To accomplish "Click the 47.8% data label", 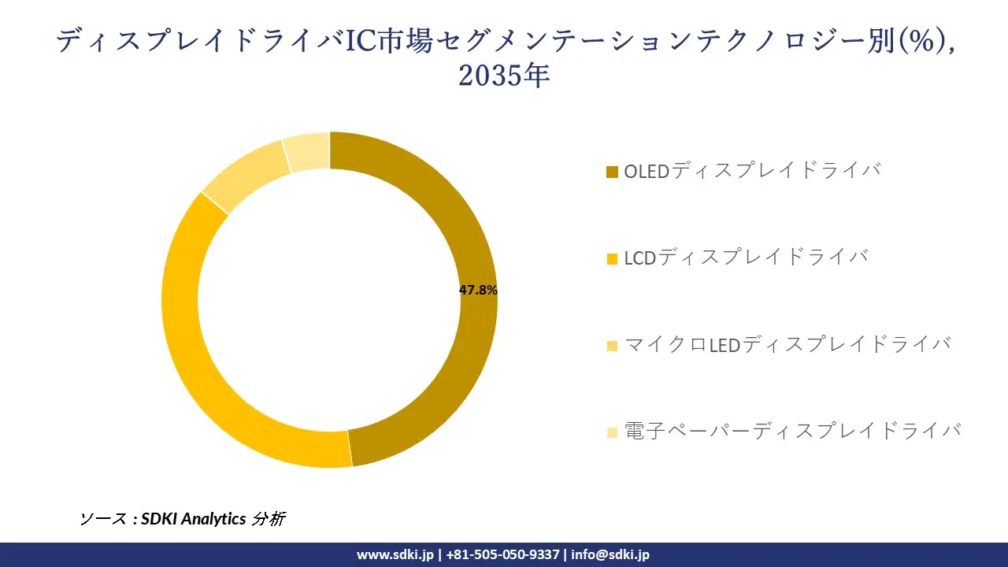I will pyautogui.click(x=478, y=290).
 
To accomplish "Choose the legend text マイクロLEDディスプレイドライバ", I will pyautogui.click(x=787, y=344).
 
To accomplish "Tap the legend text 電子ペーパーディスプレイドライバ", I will pyautogui.click(x=792, y=431).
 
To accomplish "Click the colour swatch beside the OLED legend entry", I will pyautogui.click(x=612, y=172).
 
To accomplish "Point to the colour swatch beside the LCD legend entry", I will pyautogui.click(x=612, y=258).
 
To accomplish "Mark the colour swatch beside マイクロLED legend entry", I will pyautogui.click(x=612, y=345).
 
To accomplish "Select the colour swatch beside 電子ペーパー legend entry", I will pyautogui.click(x=612, y=432).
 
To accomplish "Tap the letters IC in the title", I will pyautogui.click(x=363, y=41).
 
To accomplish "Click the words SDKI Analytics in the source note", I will pyautogui.click(x=193, y=519).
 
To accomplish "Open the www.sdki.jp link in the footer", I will pyautogui.click(x=395, y=554).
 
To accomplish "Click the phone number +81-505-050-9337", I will pyautogui.click(x=502, y=554).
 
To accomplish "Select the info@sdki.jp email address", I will pyautogui.click(x=610, y=554).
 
